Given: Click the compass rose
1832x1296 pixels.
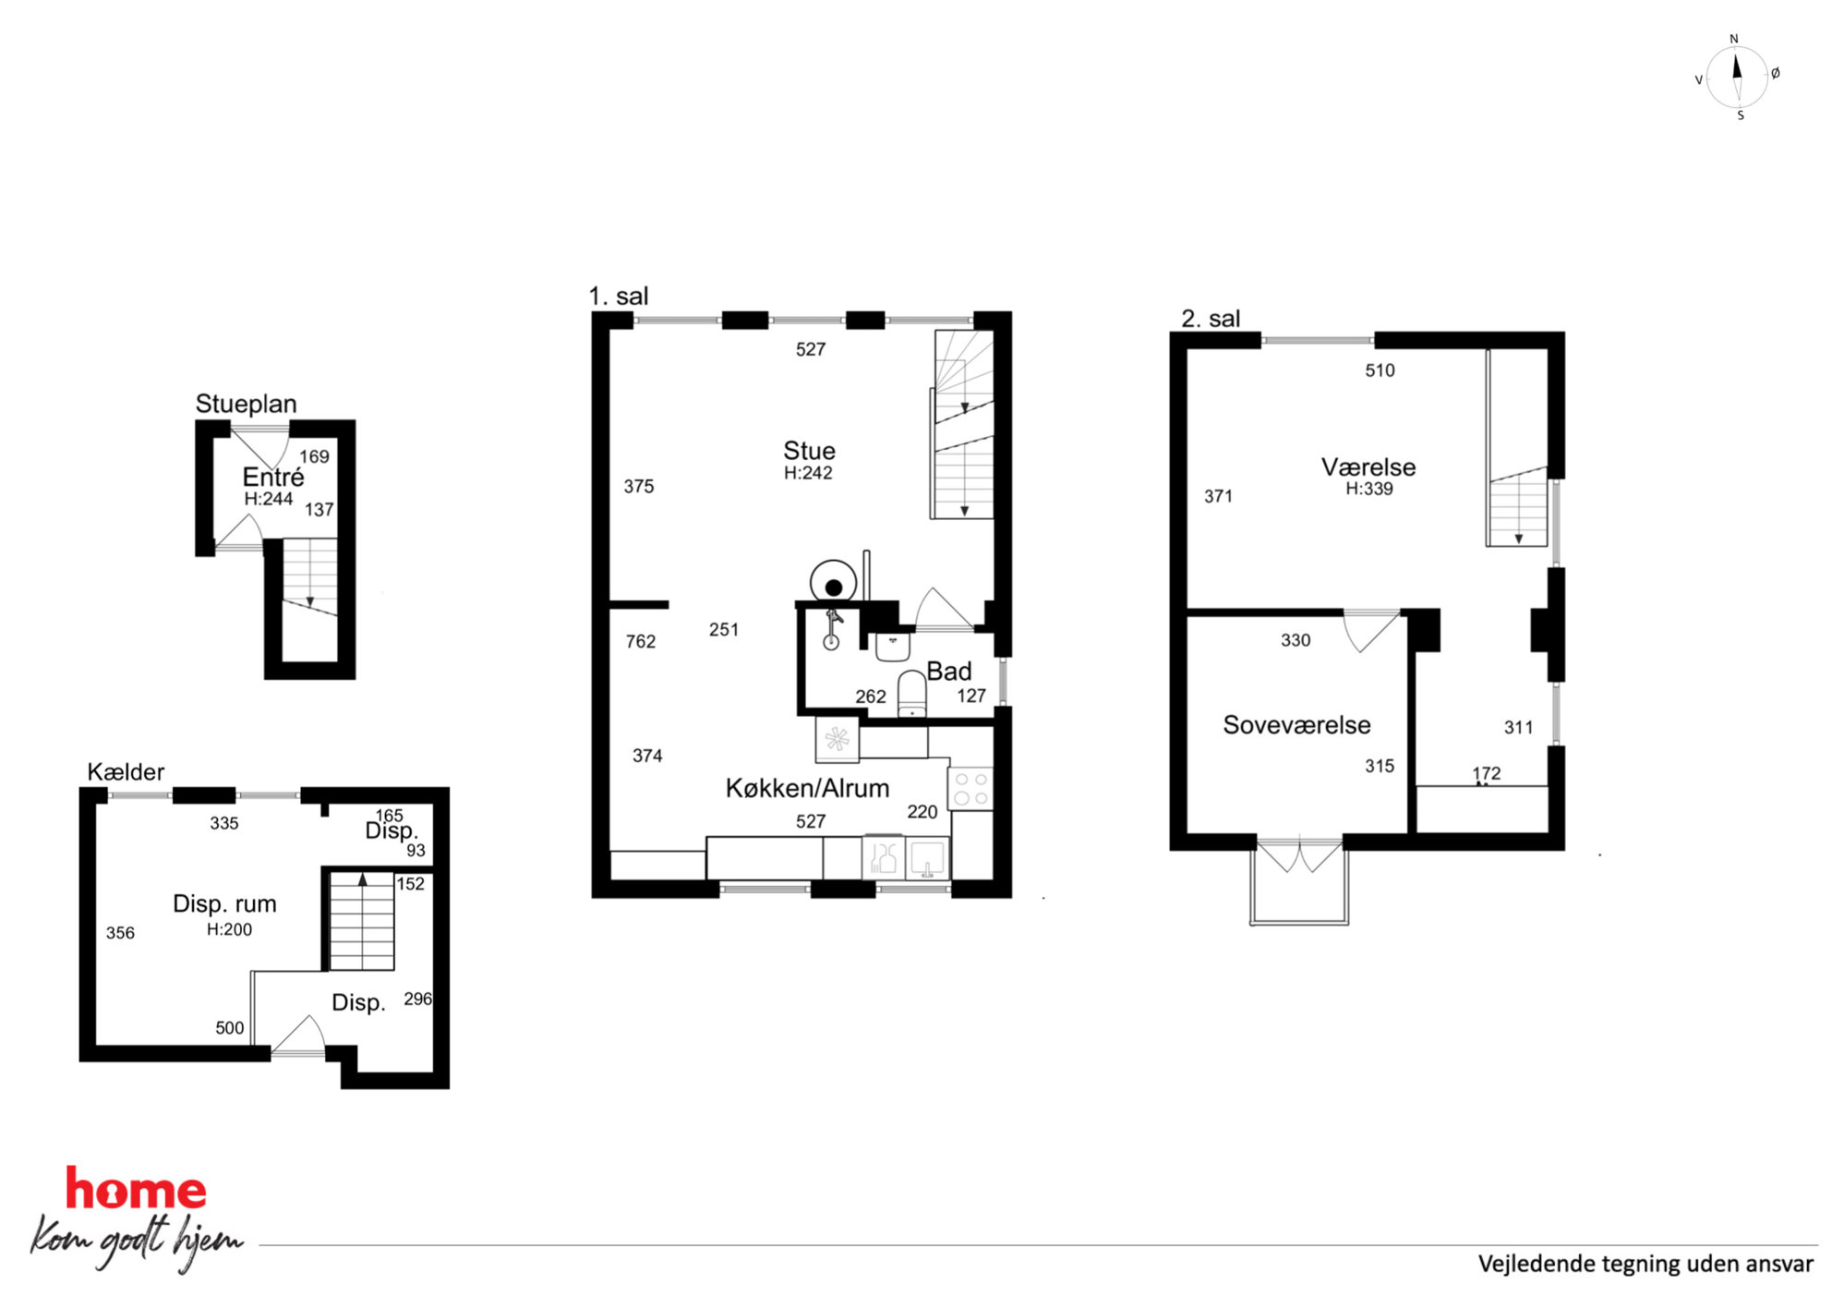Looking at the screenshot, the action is coord(1737,78).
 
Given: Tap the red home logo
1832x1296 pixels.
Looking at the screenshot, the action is coord(136,1189).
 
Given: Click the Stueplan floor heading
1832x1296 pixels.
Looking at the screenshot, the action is coord(246,404).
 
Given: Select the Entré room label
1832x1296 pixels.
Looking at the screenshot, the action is coord(272,477).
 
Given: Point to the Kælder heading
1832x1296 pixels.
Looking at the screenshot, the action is coord(126,771).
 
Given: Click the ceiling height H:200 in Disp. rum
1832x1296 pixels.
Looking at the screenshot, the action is coord(229,929).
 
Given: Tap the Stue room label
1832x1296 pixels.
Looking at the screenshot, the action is coord(809,451).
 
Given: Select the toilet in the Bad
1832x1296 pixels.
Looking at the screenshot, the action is coord(911,694).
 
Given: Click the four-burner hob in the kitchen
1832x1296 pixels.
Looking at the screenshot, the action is coord(970,789).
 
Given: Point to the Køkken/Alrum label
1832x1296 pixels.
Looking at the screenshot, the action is coord(807,788).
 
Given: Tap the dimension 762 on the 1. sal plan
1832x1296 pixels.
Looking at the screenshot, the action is coord(641,641).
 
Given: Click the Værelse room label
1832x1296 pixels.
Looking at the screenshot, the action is coord(1368,466).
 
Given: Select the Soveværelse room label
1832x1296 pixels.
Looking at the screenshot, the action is coord(1296,724).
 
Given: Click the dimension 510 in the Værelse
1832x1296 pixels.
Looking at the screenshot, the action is coord(1380,370).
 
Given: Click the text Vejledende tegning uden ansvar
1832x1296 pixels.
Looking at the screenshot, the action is coord(1645,1264).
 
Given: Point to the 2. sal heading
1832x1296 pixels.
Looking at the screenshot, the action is coord(1211,319).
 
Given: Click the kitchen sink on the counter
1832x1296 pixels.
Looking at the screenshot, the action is coord(927,858).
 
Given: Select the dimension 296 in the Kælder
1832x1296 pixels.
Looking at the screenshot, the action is coord(417,999).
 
